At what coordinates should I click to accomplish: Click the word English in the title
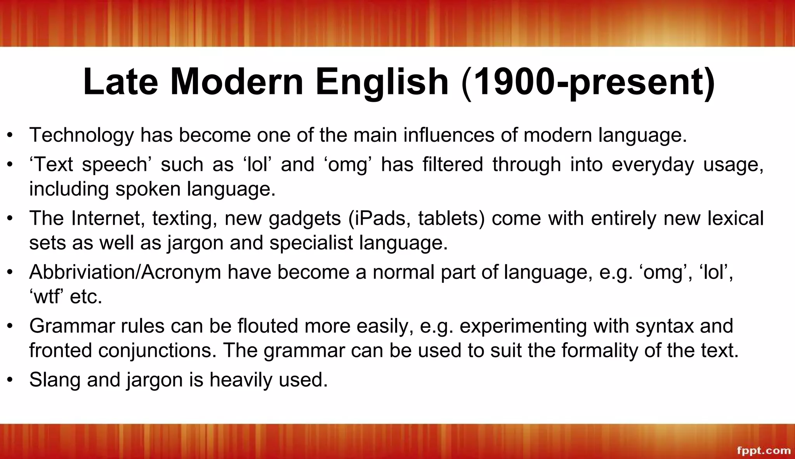pyautogui.click(x=382, y=82)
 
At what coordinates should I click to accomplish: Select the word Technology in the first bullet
pyautogui.click(x=81, y=136)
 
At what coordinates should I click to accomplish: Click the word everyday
pyautogui.click(x=653, y=165)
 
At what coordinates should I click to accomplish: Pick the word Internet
pyautogui.click(x=105, y=218)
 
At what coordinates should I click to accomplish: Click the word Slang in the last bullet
pyautogui.click(x=54, y=379)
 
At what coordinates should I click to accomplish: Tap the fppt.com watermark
pyautogui.click(x=764, y=450)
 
